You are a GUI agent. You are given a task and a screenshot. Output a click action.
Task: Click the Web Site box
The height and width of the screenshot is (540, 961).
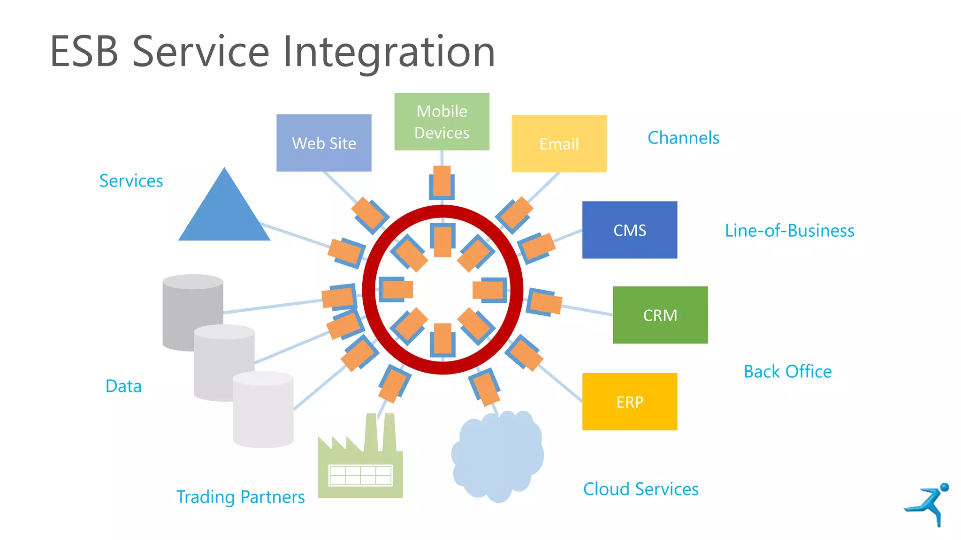point(324,143)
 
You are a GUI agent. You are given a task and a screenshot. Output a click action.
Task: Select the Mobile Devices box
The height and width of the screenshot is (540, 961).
point(442,122)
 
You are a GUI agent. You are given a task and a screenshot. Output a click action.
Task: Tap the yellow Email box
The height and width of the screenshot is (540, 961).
point(559,144)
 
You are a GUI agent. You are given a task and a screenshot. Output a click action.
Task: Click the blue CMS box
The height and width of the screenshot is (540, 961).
point(629,230)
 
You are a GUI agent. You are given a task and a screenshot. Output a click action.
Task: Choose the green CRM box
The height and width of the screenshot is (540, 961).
point(660,315)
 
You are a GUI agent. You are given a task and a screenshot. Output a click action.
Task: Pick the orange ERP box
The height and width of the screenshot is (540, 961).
point(629,402)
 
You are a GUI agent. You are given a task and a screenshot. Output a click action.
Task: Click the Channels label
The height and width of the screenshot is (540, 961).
point(683,138)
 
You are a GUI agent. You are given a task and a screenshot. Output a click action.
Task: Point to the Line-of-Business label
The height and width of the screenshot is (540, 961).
point(789,231)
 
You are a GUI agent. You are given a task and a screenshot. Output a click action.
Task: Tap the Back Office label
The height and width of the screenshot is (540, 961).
point(787,372)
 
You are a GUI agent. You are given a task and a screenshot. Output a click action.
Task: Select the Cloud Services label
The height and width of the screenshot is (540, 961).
point(641,489)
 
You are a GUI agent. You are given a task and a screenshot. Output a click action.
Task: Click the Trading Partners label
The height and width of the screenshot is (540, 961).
point(240,497)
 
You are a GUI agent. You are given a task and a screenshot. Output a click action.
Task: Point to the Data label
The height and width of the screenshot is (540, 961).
point(123,386)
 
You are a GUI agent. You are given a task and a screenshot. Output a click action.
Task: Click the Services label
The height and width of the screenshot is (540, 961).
point(131,181)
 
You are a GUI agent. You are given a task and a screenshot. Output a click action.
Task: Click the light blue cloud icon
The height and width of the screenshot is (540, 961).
point(497,457)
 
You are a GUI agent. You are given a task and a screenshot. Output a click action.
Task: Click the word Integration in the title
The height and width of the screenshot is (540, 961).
point(389,52)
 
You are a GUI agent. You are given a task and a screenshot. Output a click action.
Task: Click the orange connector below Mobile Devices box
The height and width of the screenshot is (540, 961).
point(442,181)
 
